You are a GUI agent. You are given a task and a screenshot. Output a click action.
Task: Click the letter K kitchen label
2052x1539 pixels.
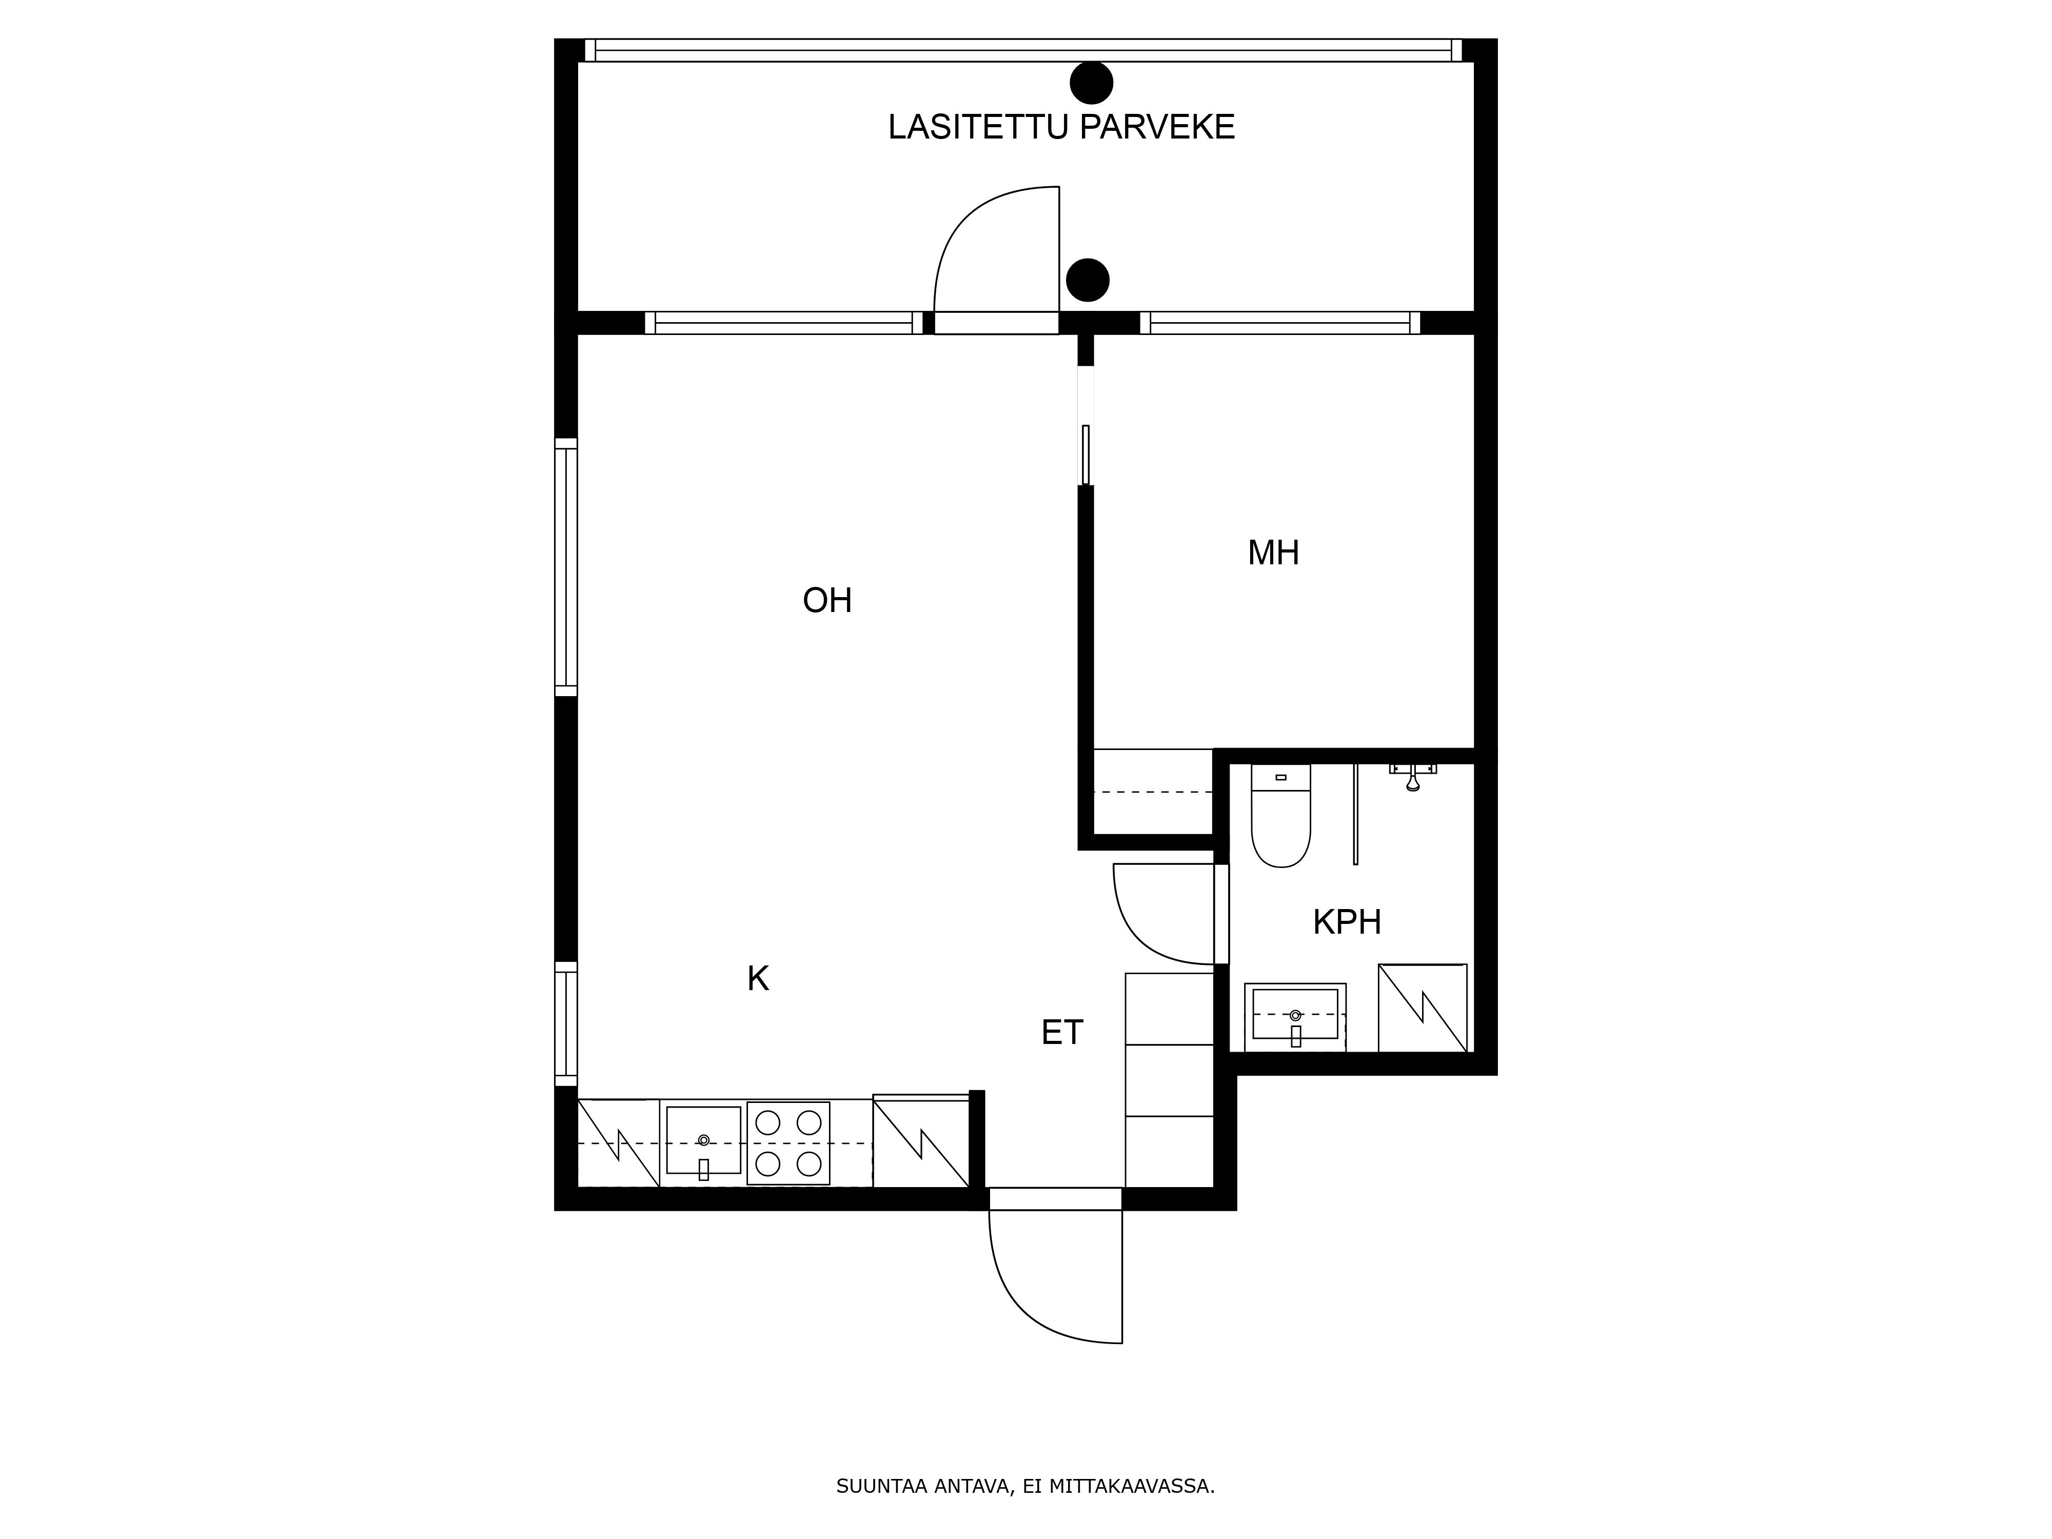coord(758,979)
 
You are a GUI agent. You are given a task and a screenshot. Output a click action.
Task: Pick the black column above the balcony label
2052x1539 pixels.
coord(1091,83)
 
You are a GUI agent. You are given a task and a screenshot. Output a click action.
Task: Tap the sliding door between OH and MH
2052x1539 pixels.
coord(1086,455)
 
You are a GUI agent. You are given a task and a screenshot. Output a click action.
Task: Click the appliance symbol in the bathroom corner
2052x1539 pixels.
coord(1422,1009)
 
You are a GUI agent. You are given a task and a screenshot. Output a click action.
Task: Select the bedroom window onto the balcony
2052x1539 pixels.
coord(1280,323)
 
